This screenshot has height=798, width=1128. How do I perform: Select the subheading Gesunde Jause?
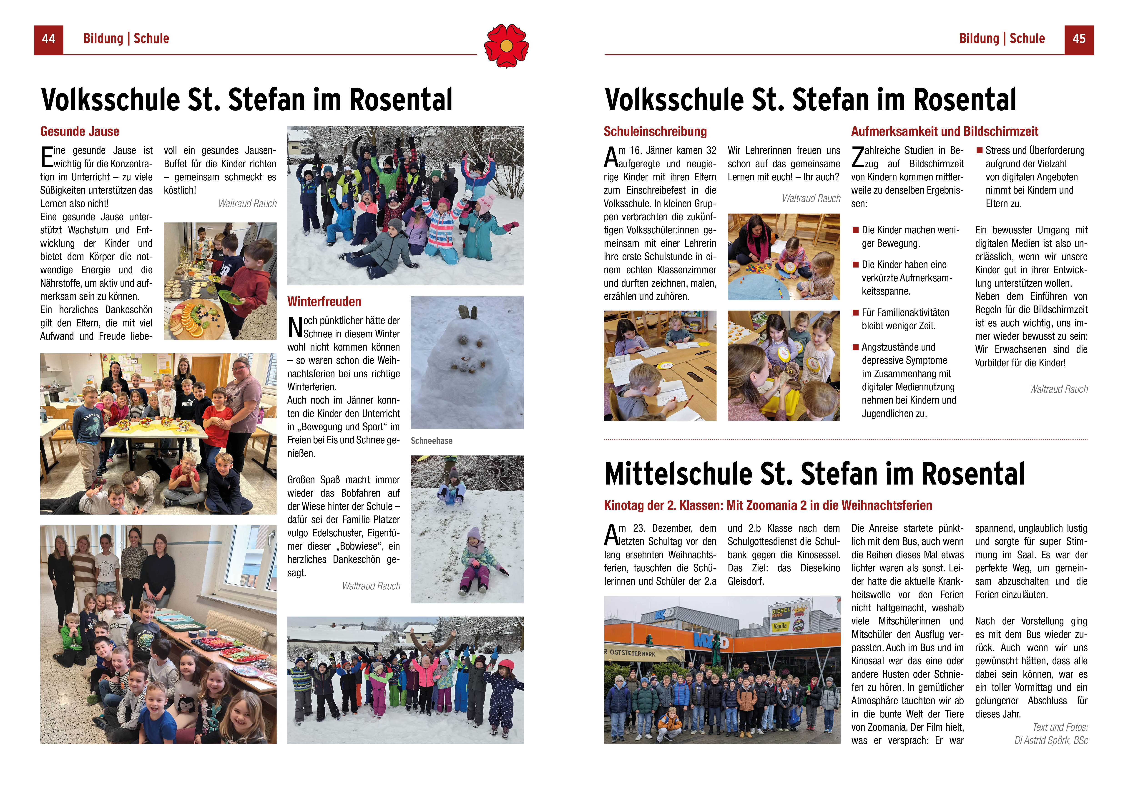click(x=80, y=132)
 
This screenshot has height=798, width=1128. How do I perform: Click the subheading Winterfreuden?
click(x=324, y=302)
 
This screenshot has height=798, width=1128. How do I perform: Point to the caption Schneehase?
click(x=431, y=441)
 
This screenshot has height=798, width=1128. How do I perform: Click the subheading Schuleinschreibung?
click(x=655, y=132)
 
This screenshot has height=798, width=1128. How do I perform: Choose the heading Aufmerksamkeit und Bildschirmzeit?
click(x=944, y=132)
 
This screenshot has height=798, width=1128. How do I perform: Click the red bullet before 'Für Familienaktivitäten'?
click(x=855, y=313)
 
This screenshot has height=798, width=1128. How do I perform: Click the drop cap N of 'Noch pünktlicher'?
click(x=295, y=327)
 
